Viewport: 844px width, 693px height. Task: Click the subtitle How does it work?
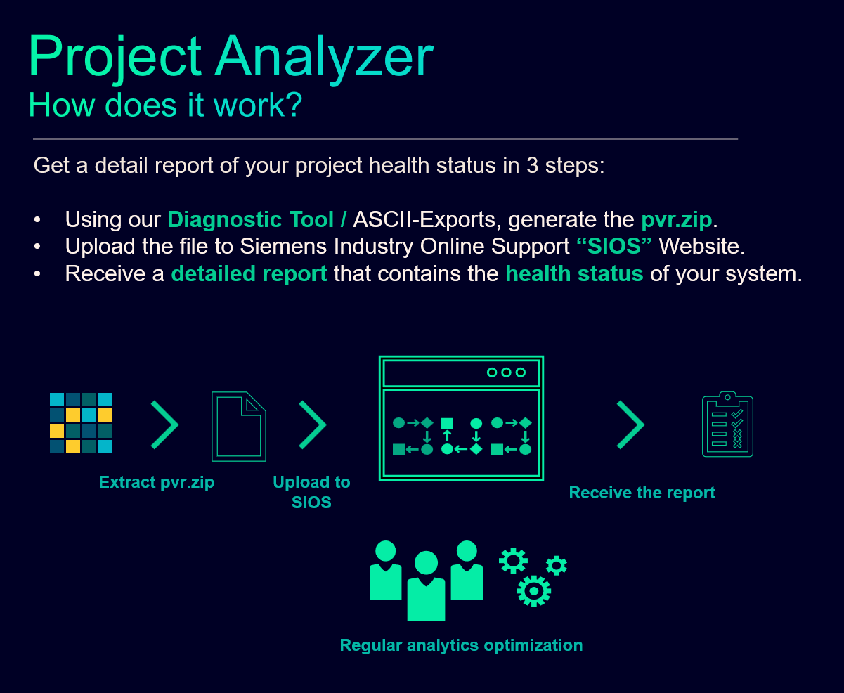tap(165, 105)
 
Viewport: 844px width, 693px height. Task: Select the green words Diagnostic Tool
tap(250, 219)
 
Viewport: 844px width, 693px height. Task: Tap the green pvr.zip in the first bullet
tap(677, 220)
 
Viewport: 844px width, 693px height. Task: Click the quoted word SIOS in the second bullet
tap(614, 245)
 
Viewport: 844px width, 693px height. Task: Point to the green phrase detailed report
tap(249, 273)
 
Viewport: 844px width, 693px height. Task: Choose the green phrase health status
tap(574, 273)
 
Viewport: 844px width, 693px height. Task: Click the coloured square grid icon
tap(82, 423)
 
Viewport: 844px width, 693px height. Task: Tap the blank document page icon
tap(239, 427)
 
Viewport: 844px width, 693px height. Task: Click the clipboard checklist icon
tap(727, 425)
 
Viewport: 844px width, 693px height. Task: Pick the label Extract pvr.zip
tap(157, 482)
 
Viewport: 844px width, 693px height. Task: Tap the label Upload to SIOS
tap(311, 492)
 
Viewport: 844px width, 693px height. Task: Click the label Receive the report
tap(642, 493)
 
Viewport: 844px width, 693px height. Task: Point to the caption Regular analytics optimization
tap(461, 645)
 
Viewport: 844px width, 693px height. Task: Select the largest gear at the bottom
tap(534, 591)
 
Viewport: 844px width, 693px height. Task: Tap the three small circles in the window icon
tap(506, 373)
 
